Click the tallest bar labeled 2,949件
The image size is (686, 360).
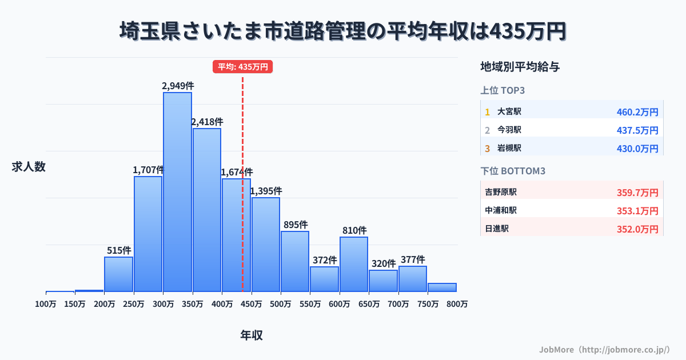coord(177,191)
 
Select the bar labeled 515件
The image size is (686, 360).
coord(118,274)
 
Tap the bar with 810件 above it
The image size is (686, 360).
coord(354,264)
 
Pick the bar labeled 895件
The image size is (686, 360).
coord(295,261)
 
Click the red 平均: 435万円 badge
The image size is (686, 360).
coord(243,67)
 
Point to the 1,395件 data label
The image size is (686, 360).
coord(266,191)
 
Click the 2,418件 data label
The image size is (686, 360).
coord(207,122)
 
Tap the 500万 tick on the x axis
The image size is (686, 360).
coord(281,304)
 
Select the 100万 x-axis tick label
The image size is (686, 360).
coord(46,304)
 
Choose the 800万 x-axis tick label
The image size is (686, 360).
coord(457,304)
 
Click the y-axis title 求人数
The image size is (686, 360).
coord(29,167)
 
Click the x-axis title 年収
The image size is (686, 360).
coord(252,335)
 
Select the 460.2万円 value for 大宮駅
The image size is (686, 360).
coord(637,112)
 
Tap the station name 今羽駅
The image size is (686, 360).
coord(509,130)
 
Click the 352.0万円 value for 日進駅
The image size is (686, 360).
coord(637,229)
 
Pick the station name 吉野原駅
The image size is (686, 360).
coord(501,192)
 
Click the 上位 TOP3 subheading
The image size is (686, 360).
coord(502,90)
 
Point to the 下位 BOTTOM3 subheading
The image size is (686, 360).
coord(513,171)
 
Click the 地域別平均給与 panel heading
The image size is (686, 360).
coord(520,67)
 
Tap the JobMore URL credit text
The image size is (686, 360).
coord(604,349)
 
